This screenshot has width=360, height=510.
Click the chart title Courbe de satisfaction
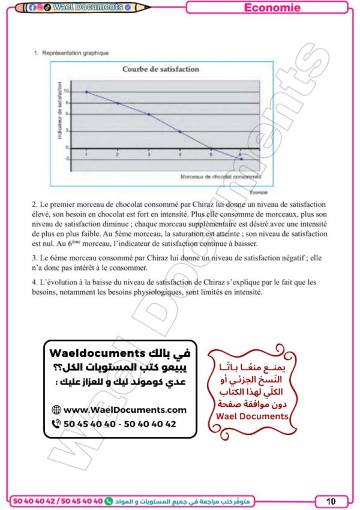(x=160, y=69)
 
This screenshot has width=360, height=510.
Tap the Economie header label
(x=272, y=8)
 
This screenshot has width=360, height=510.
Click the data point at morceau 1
(x=86, y=92)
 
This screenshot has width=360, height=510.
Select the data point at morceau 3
(x=149, y=114)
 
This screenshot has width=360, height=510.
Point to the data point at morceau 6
(x=241, y=159)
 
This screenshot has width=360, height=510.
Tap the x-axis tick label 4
(x=179, y=155)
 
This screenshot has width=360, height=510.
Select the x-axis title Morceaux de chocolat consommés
(x=221, y=177)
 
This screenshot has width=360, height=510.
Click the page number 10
(x=331, y=501)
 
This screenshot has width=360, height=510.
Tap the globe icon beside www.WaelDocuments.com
(x=56, y=410)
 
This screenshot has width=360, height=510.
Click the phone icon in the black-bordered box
(x=56, y=424)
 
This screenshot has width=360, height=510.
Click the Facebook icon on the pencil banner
(x=32, y=7)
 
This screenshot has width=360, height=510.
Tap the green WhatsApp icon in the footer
(x=109, y=500)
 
